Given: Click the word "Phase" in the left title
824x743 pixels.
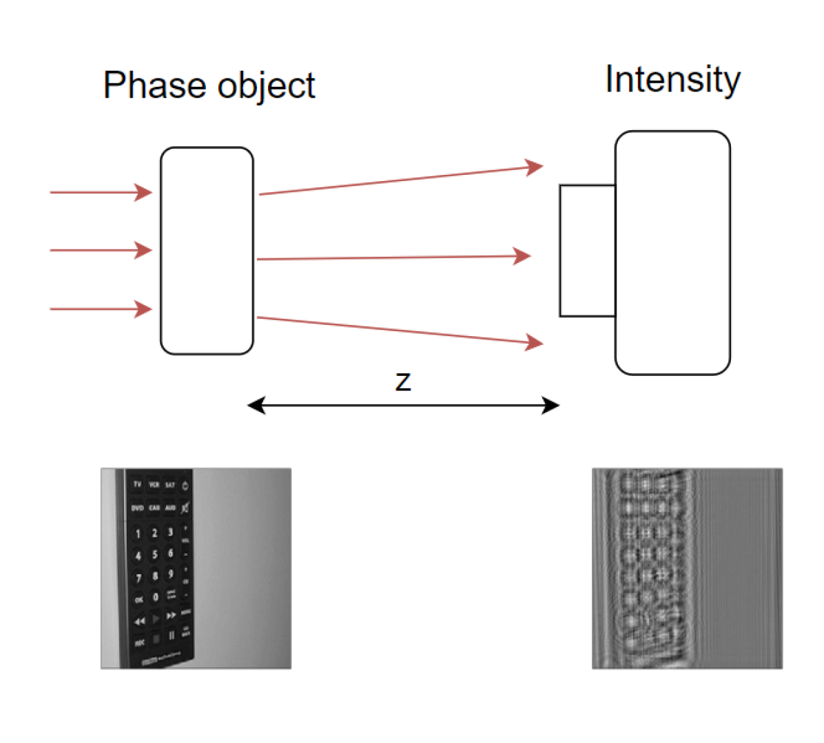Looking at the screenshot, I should (155, 86).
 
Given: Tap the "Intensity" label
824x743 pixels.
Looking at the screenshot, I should (672, 81).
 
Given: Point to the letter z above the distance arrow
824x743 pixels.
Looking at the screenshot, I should (403, 381).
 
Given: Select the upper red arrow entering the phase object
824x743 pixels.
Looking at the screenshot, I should (101, 192).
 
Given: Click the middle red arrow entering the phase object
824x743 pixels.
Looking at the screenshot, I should (101, 250).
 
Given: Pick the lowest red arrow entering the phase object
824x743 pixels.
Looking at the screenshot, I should (101, 309).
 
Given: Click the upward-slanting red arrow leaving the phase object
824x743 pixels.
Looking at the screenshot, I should (400, 180).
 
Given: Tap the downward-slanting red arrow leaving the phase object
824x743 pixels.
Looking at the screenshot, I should (400, 330).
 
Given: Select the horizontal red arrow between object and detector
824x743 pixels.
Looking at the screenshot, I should (393, 258).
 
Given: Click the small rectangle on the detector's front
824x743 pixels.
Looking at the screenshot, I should (587, 251).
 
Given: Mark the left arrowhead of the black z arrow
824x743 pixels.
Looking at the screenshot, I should (256, 406).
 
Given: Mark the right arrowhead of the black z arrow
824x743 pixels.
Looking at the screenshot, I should (551, 406).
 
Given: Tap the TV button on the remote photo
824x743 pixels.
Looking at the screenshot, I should (138, 485).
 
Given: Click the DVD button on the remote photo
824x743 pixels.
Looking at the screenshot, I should (137, 508).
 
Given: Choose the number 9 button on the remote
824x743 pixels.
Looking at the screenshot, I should (171, 574).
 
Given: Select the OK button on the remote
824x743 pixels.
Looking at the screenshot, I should (138, 600).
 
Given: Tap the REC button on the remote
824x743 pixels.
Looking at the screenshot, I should (140, 643).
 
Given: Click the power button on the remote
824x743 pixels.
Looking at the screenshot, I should (185, 485).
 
